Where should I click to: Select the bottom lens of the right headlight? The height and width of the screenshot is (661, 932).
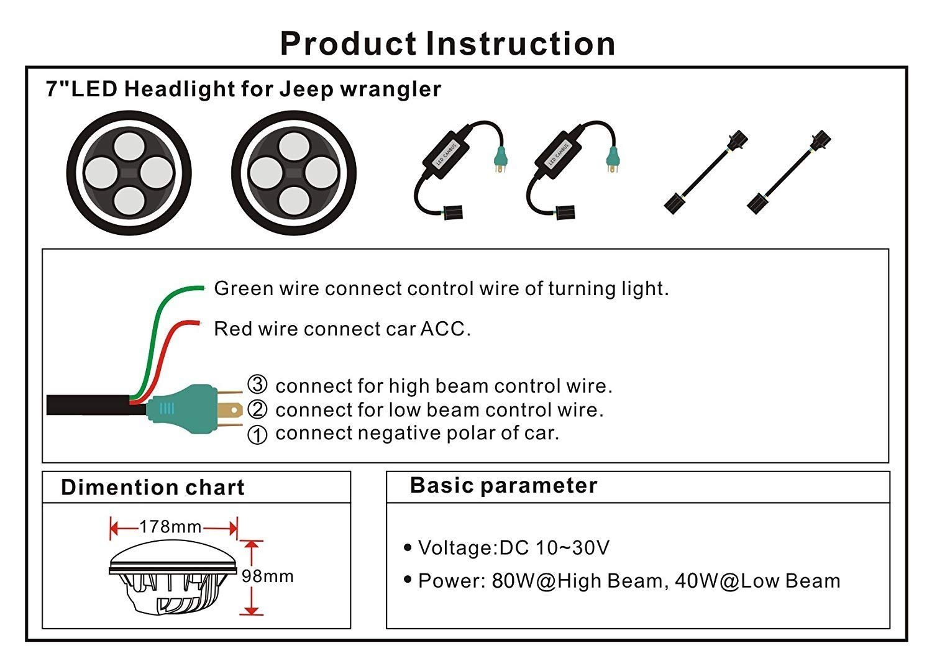coord(294,199)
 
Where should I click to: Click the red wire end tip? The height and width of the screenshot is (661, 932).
coord(198,322)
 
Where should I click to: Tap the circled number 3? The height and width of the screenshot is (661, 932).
coord(257,385)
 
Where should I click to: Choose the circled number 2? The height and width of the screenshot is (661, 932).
coord(257,409)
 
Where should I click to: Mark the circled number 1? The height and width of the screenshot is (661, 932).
coord(257,434)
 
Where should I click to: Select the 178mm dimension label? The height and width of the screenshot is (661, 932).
coord(170,527)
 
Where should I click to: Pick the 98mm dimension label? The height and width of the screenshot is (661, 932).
coord(268,576)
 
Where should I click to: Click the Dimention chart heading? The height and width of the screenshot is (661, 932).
coord(153,487)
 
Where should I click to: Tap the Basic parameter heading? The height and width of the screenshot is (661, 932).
coord(503,485)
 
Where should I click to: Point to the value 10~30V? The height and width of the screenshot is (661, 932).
coord(572,547)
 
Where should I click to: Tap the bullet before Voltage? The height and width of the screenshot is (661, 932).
coord(408,547)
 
